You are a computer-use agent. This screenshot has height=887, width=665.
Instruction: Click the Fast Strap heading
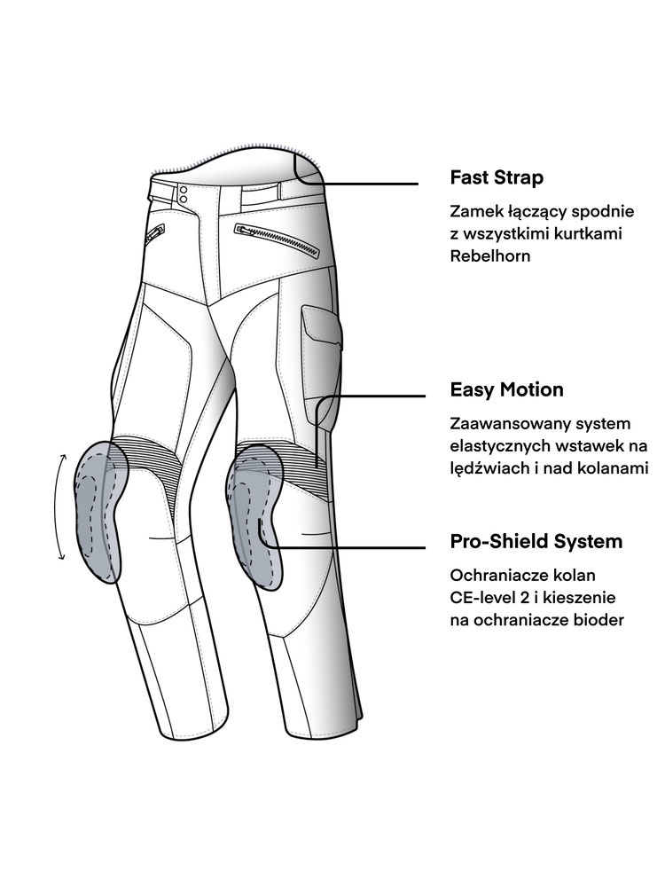(497, 177)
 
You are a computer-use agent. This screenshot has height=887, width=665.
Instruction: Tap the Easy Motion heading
(506, 390)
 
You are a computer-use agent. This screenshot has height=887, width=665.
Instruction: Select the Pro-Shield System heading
(536, 541)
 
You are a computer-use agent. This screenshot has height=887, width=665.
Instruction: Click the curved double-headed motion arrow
(60, 506)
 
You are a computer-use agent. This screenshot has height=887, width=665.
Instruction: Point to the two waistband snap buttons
(184, 194)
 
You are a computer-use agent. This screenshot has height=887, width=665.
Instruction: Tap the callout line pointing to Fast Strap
(372, 184)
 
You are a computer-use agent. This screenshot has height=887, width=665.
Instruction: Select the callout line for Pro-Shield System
(355, 547)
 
